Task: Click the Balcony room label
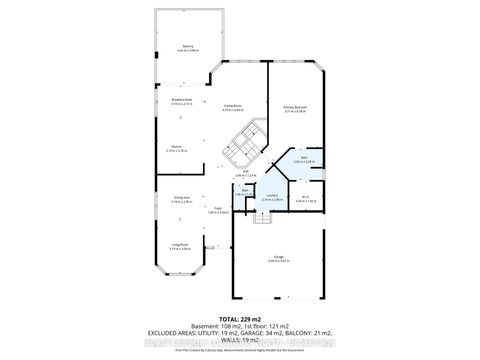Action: pos(187,46)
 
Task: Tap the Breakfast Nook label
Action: pos(183,101)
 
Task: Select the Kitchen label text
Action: pos(176,147)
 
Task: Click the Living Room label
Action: pos(180,245)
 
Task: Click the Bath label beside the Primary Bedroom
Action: pos(304,158)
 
